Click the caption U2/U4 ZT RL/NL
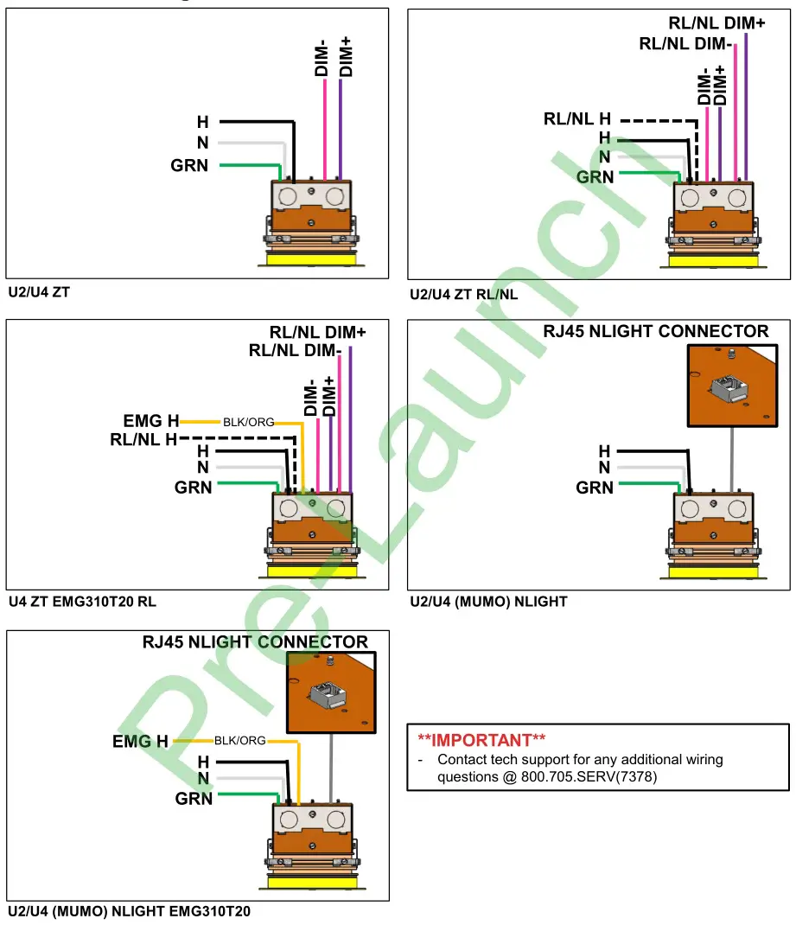click(464, 294)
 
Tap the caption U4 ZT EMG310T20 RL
click(82, 601)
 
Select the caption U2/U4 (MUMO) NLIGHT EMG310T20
click(130, 911)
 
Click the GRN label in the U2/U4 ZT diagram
click(189, 165)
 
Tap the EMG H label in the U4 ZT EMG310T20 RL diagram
click(151, 421)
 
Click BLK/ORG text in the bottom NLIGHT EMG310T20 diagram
click(239, 741)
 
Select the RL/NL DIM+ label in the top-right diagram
click(716, 23)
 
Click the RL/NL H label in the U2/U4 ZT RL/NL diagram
click(577, 118)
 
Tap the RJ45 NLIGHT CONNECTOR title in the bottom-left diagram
click(255, 642)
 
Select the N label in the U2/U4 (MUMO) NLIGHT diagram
click(604, 469)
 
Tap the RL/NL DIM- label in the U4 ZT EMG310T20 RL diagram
click(294, 351)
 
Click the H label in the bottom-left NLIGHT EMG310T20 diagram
click(203, 762)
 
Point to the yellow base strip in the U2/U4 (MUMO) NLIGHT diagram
click(713, 570)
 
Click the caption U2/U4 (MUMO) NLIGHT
click(488, 601)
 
